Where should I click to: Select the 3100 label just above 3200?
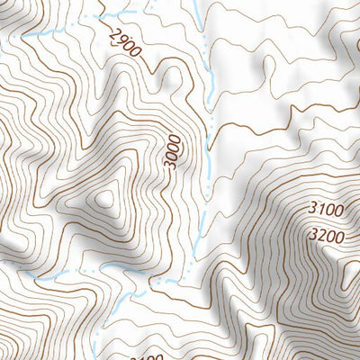[x=325, y=211]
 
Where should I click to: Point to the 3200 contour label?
[x=325, y=236]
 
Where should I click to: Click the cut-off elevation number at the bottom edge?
[x=144, y=356]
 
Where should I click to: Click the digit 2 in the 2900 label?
[x=112, y=34]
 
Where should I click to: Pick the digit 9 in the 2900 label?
[x=119, y=40]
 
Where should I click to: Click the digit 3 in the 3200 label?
[x=310, y=236]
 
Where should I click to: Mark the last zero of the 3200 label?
[x=340, y=236]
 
